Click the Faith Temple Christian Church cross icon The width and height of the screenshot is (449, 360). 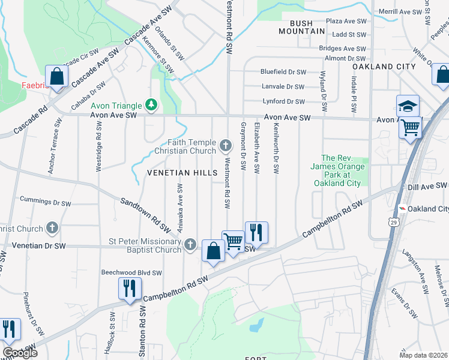226,145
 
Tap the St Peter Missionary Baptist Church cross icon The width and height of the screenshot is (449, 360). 190,244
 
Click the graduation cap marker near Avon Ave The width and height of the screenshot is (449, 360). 408,106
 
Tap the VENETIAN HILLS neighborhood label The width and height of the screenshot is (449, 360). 182,173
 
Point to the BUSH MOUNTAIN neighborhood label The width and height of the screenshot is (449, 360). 297,27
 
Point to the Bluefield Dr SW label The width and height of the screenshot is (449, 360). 283,71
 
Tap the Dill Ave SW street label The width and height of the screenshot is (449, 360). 427,187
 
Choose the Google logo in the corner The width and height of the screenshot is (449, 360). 19,353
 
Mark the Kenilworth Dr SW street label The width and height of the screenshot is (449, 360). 277,149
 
